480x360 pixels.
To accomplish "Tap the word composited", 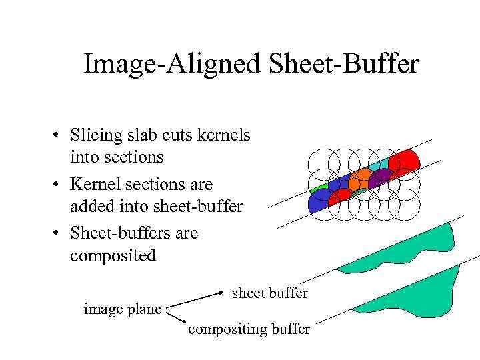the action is coord(113,256).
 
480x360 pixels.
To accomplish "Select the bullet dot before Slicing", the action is coord(59,136).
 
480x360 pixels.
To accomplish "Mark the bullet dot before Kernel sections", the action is coord(59,185).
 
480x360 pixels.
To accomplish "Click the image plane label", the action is coord(123,309).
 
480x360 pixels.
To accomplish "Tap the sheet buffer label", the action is coord(269,293).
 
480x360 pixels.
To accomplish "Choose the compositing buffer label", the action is coord(249,329).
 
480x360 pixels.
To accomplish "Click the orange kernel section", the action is coord(360,179).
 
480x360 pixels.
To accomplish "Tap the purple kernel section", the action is coord(381,178).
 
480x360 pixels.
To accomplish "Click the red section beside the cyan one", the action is coord(405,161).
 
